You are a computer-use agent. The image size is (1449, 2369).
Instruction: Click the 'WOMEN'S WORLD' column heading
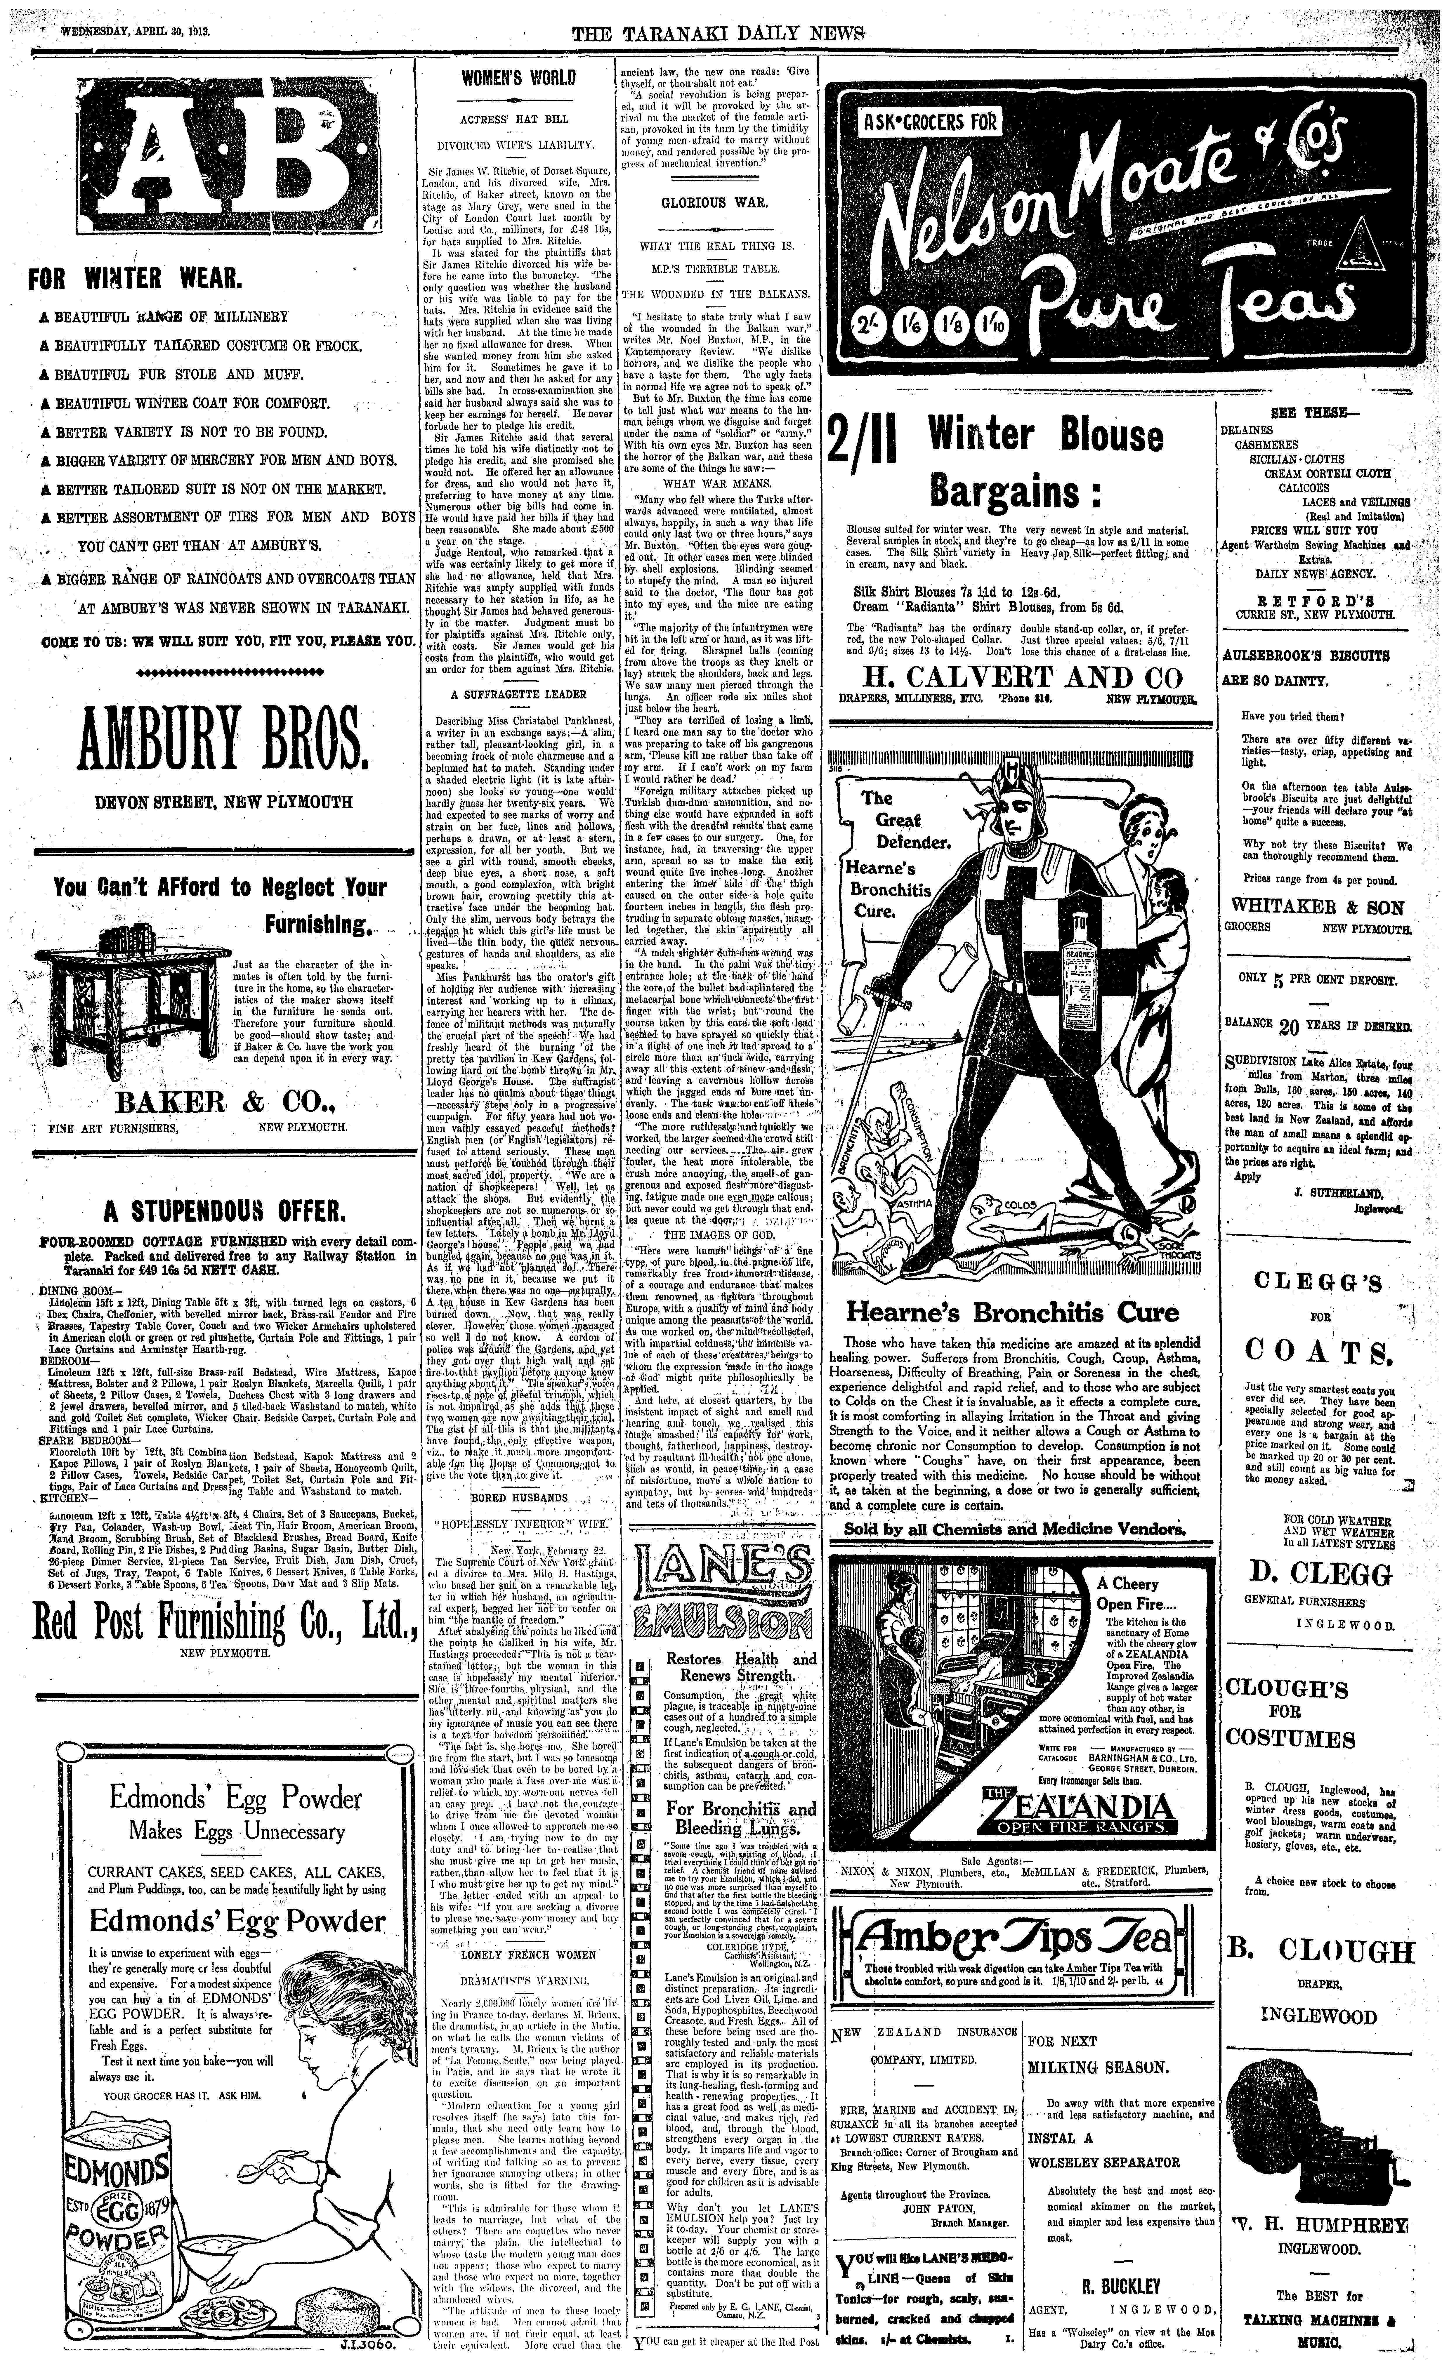(517, 77)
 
